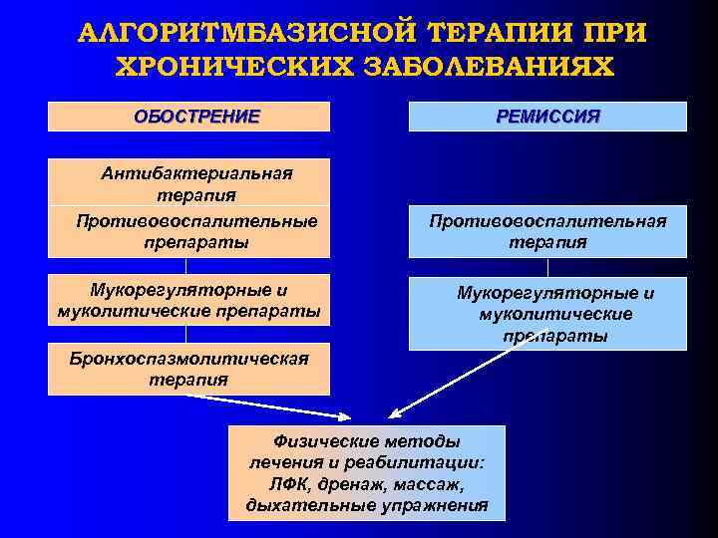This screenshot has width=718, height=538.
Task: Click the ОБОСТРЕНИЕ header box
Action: [188, 117]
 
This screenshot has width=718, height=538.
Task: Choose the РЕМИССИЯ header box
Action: [547, 117]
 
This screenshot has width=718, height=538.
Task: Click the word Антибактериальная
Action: [196, 173]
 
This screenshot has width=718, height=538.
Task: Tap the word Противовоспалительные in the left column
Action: [196, 220]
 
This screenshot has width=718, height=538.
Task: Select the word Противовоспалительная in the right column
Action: [547, 220]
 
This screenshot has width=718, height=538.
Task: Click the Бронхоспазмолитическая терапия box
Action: [188, 369]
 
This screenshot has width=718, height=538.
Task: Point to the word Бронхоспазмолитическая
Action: [188, 359]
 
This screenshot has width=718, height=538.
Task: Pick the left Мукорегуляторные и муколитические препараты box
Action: [188, 301]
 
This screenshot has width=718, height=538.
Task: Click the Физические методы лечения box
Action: [367, 473]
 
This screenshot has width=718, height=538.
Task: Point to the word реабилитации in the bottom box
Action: [425, 462]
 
